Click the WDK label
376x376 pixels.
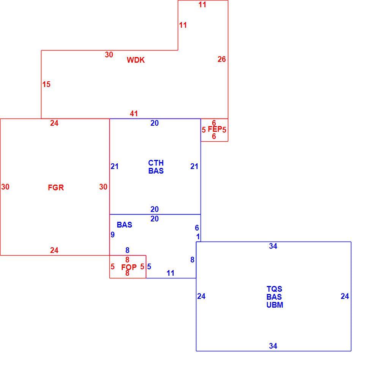tap(136, 60)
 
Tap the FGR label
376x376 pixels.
tap(56, 187)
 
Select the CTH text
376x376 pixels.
tap(156, 163)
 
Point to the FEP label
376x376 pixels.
tap(215, 129)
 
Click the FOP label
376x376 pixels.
tap(129, 267)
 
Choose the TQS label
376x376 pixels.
tap(274, 289)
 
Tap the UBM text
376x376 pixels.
tap(275, 305)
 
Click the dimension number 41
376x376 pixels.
tap(134, 114)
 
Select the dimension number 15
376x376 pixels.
tap(46, 84)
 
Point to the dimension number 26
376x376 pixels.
tap(221, 59)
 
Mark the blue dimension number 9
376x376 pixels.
tap(112, 234)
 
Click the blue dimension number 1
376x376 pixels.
tap(198, 237)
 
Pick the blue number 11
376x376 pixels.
tap(170, 273)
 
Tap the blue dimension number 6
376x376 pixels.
tap(197, 227)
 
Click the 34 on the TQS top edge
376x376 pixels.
tap(273, 246)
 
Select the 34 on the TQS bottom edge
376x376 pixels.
tap(273, 346)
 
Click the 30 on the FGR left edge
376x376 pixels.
tap(5, 186)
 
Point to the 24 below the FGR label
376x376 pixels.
tap(54, 250)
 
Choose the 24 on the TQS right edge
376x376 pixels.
tap(345, 296)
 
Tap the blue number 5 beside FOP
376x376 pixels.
tap(149, 266)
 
